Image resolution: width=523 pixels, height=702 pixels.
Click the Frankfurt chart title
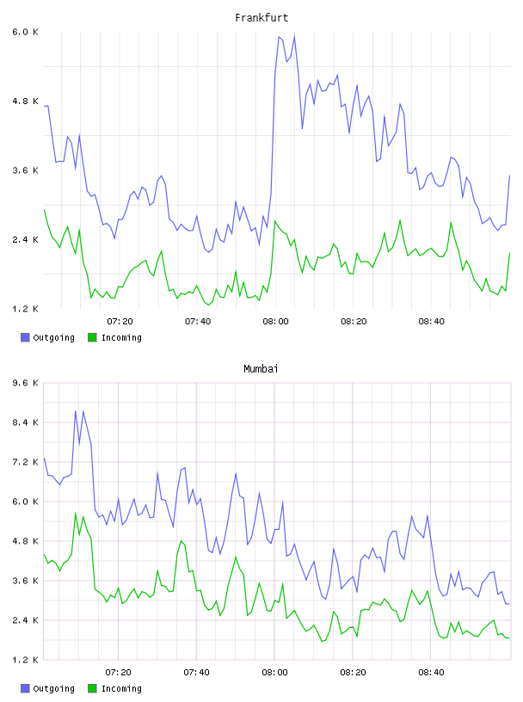[x=261, y=18]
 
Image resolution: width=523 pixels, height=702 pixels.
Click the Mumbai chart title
[x=261, y=369]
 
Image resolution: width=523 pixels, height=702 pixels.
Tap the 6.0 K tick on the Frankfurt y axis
[x=25, y=32]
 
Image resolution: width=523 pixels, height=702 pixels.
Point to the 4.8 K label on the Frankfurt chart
[x=25, y=102]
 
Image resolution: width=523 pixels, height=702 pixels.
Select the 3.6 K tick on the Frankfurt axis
[x=25, y=170]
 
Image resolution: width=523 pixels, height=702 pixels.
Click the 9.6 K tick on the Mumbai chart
[x=25, y=383]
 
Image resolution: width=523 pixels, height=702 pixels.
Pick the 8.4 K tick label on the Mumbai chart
[x=25, y=422]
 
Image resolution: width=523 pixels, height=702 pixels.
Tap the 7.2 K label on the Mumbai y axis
[x=25, y=462]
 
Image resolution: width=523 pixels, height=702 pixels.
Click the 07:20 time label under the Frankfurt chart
[x=120, y=322]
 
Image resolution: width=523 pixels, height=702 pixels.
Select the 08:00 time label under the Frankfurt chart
[x=276, y=322]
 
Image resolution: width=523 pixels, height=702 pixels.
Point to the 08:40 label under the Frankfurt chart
[x=432, y=322]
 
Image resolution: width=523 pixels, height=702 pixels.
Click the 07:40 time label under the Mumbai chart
[x=197, y=673]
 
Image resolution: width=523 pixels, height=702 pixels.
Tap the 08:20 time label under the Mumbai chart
[x=353, y=673]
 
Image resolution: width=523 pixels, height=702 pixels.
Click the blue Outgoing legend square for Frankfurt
[x=25, y=337]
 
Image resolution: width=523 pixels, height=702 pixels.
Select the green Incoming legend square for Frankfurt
[x=92, y=337]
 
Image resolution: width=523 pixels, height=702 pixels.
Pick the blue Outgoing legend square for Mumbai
[x=25, y=688]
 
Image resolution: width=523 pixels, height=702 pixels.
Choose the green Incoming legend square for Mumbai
[x=92, y=688]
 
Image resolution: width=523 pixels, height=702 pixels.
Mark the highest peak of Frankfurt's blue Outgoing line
[x=294, y=35]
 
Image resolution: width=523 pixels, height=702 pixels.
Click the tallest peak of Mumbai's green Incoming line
[x=75, y=513]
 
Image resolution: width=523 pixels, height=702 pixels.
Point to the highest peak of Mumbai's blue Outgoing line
[x=83, y=411]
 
